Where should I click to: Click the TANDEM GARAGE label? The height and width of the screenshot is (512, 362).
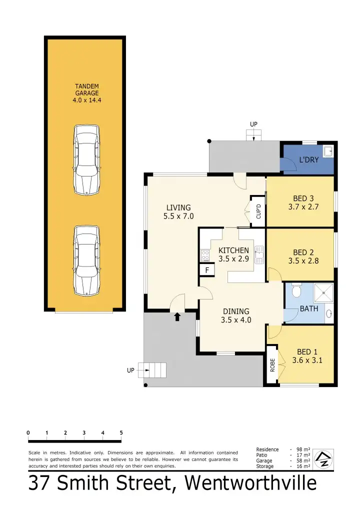click(86, 93)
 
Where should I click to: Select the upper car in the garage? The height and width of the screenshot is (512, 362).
click(86, 160)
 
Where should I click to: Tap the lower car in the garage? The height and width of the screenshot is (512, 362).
click(86, 260)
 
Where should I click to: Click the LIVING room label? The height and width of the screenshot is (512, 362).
click(178, 207)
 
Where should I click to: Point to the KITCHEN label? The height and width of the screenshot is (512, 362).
click(233, 250)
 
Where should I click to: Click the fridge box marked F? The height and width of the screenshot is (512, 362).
click(206, 270)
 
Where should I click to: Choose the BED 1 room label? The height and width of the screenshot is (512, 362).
click(307, 351)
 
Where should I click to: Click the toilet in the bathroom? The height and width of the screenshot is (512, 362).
click(295, 290)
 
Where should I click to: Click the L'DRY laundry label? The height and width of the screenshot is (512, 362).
click(308, 160)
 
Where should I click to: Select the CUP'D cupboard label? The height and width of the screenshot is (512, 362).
click(258, 212)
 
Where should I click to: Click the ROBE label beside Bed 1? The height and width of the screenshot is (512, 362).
click(272, 365)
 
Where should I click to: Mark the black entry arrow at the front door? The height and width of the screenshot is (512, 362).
click(177, 316)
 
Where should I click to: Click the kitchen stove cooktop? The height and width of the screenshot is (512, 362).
click(205, 255)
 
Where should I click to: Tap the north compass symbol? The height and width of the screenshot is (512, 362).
click(323, 459)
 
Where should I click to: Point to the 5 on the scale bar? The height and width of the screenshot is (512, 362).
click(121, 432)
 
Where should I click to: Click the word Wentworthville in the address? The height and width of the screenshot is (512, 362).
click(250, 483)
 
